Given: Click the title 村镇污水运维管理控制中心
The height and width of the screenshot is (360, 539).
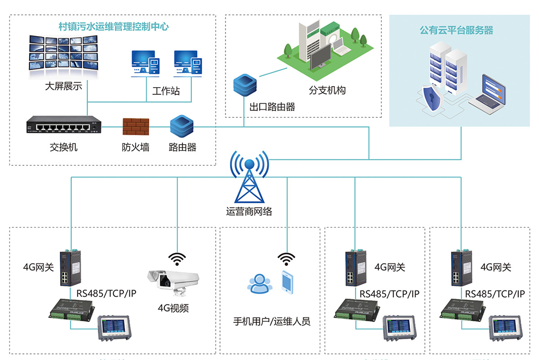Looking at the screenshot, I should pos(114,27).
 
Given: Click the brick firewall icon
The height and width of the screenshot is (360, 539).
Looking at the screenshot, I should pos(136,126).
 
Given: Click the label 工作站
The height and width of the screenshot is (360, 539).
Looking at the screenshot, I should pos(166,91).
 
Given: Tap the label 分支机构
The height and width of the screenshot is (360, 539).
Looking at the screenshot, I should pos(327,90).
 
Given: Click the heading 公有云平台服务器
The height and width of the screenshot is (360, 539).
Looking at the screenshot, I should pos(456,31).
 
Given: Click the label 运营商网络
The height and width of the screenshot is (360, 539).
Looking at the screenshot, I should pos(249,211).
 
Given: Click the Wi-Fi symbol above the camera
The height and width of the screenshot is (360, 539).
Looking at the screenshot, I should pos(177,258).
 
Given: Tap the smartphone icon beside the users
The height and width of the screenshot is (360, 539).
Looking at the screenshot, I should pos(287,281).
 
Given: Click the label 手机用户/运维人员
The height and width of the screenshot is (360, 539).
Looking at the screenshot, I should pos(271,321).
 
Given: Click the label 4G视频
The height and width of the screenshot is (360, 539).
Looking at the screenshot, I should pos(173,308).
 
